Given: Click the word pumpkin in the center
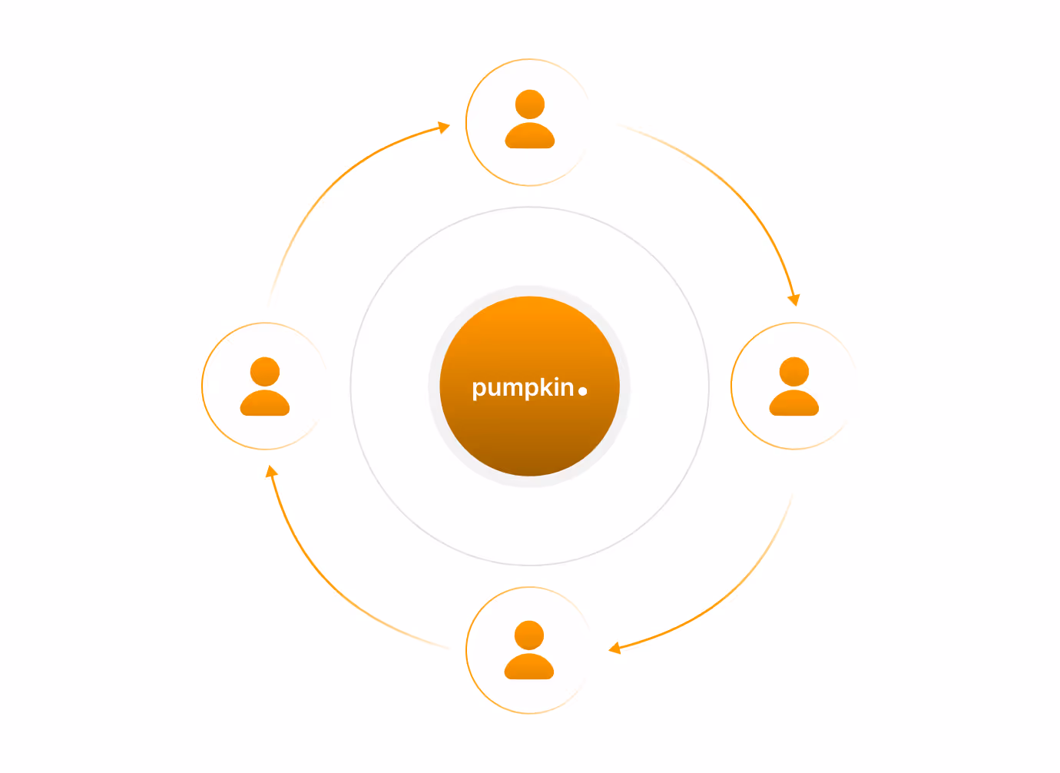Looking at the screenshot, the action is click(x=523, y=388).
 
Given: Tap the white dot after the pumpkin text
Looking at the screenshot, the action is click(x=582, y=391).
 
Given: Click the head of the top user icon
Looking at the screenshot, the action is click(x=529, y=105).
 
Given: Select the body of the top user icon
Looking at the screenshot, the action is click(x=529, y=135).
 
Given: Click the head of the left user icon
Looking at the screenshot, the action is click(x=264, y=372).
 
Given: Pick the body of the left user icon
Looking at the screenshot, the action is click(x=264, y=403).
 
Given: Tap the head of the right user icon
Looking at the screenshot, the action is click(x=794, y=372).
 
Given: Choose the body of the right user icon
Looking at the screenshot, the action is click(x=794, y=403).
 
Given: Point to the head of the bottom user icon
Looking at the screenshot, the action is click(x=529, y=635).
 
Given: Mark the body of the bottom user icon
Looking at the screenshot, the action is click(x=529, y=666).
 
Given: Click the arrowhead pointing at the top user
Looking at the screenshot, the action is click(x=443, y=127).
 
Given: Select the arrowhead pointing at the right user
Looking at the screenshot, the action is click(x=794, y=300).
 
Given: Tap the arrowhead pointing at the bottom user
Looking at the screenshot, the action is click(x=614, y=648).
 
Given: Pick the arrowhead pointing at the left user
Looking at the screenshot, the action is click(x=271, y=472).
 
